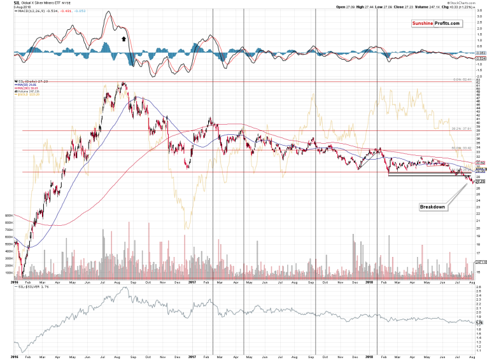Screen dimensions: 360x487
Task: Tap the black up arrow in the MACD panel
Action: [125, 39]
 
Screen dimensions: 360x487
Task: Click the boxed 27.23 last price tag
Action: [481, 182]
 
